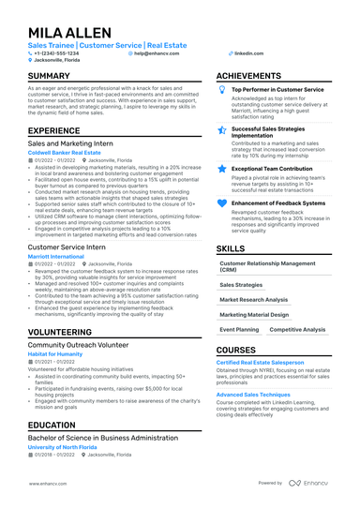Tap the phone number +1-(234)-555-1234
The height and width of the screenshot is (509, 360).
[x=57, y=53]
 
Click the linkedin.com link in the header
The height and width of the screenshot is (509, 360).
[x=248, y=53]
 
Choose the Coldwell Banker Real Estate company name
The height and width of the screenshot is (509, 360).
[x=64, y=152]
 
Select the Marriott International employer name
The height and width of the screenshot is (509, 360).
[x=55, y=256]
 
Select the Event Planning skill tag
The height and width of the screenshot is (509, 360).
[x=239, y=330]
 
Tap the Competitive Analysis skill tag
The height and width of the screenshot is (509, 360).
[x=297, y=330]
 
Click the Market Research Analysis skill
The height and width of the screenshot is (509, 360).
[x=254, y=299]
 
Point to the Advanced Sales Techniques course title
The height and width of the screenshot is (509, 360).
[x=254, y=395]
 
